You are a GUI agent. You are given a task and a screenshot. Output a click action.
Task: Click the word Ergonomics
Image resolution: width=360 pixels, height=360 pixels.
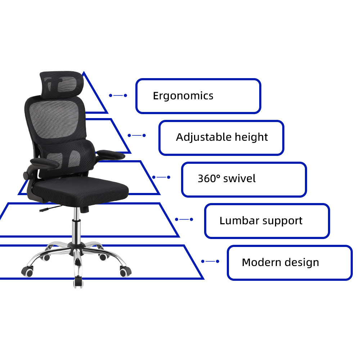[x=183, y=96]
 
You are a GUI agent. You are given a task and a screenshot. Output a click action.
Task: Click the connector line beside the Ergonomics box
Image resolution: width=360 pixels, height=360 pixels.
[x=118, y=95]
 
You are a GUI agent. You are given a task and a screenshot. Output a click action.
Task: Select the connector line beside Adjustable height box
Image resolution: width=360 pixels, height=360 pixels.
[x=137, y=135]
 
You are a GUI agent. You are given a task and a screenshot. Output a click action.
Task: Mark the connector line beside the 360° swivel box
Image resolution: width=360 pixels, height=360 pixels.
[x=161, y=177]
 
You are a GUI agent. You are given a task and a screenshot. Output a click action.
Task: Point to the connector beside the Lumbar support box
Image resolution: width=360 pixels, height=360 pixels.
[x=184, y=219]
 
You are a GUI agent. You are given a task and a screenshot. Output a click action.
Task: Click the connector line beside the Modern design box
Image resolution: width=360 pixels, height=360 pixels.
[x=210, y=261]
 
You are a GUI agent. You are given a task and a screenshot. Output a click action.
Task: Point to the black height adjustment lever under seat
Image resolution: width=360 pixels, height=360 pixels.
[x=47, y=210]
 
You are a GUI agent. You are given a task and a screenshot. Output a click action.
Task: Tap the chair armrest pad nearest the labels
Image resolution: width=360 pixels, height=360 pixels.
[x=111, y=155]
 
